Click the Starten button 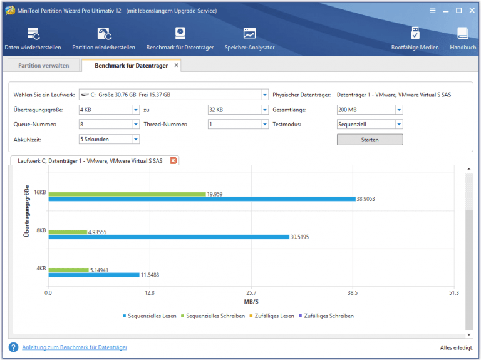point(370,140)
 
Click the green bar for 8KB point(68,232)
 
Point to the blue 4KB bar point(94,274)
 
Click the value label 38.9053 point(366,199)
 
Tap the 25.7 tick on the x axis point(251,292)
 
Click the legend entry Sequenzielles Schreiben point(213,316)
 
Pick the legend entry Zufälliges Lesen point(273,316)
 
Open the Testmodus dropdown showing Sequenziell point(370,125)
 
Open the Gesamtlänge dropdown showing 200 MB point(370,110)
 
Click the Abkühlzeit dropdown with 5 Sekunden point(109,140)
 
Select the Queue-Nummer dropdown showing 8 point(109,125)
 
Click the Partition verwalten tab point(43,65)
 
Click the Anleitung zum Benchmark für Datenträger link point(75,347)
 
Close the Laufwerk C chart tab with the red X point(173,161)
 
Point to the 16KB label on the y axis point(40,192)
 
